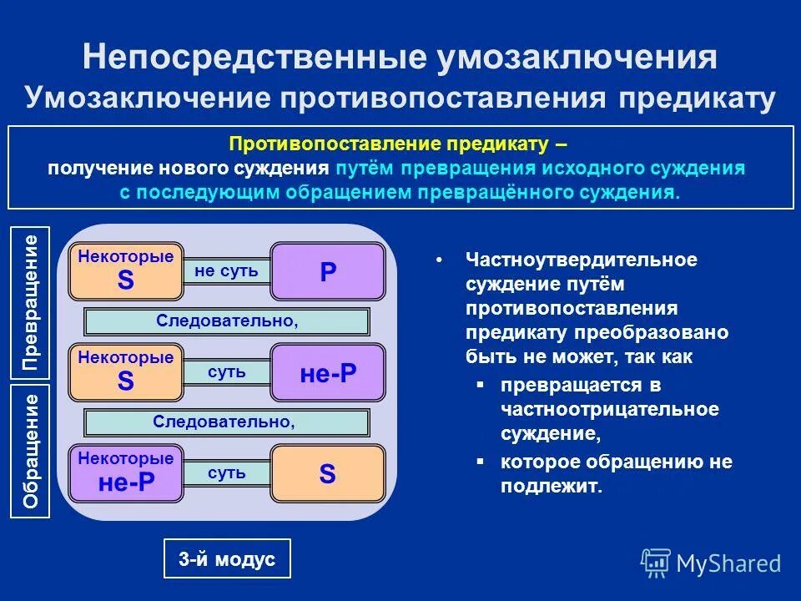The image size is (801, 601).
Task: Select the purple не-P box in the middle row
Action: pos(328,373)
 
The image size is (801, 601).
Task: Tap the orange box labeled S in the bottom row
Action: pos(328,474)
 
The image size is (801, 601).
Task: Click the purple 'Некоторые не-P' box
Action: pos(126,473)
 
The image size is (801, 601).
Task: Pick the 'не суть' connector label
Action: pos(226,271)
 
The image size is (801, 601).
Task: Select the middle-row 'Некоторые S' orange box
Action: pos(126,373)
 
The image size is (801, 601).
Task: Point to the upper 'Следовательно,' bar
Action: pos(227,321)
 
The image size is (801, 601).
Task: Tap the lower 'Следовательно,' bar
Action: pos(227,422)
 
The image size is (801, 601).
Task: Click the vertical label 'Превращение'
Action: pos(30,303)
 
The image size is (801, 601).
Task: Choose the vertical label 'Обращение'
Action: pos(30,452)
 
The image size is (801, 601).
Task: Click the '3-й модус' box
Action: pos(226,559)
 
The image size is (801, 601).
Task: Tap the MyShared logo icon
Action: pos(656,563)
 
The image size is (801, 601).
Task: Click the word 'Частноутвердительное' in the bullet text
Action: pos(582,260)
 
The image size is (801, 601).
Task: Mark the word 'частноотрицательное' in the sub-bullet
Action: pos(610,410)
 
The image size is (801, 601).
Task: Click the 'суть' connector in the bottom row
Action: pos(226,473)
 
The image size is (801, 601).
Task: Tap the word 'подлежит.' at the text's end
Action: pos(551,487)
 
